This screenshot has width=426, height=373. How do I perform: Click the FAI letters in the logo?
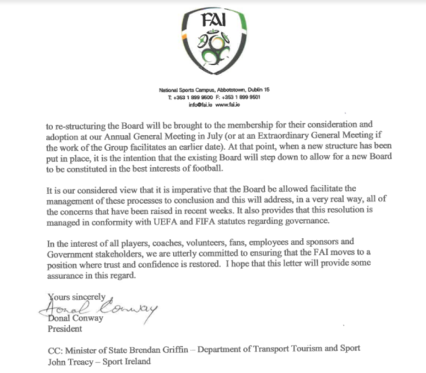coord(215,18)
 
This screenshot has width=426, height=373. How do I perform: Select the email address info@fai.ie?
coord(198,104)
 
